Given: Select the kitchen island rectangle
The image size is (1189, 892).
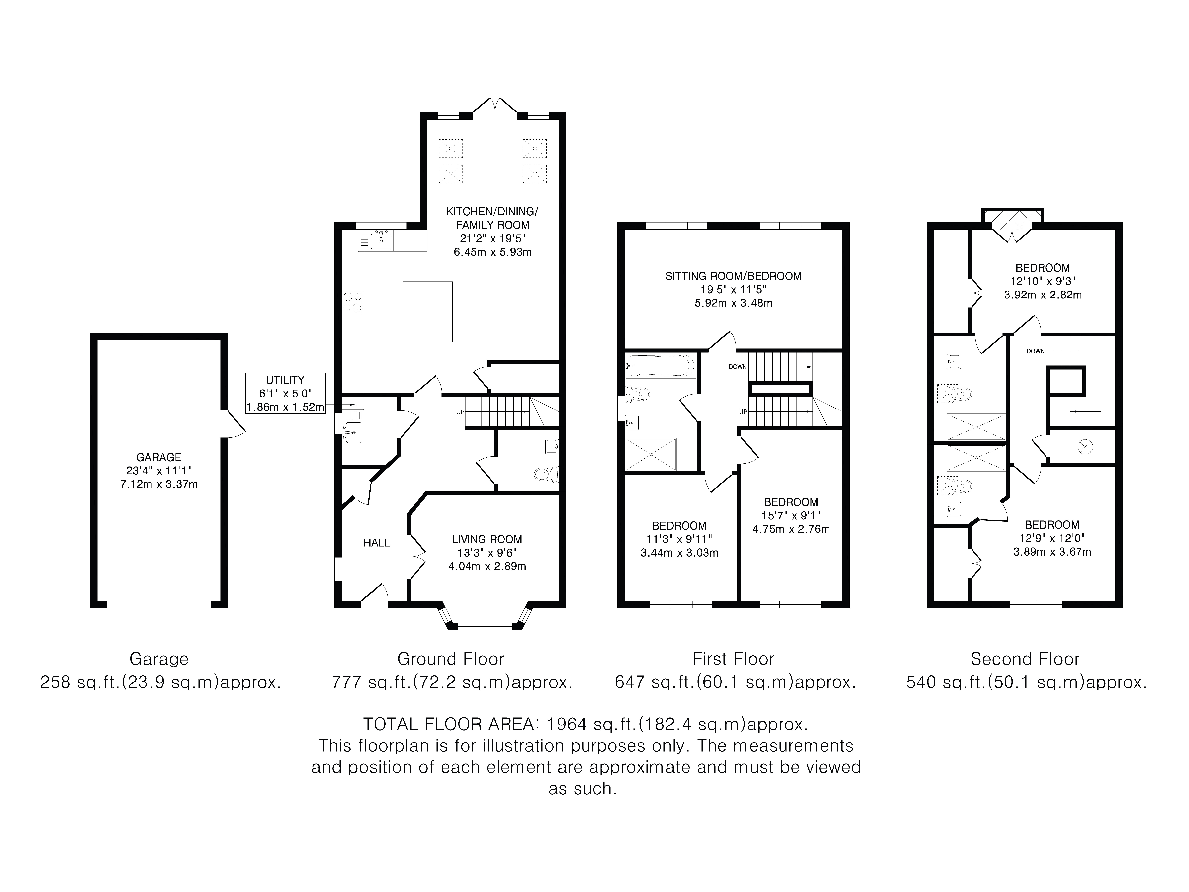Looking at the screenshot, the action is coord(428,312).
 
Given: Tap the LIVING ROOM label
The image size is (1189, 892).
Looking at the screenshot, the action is coord(487,539).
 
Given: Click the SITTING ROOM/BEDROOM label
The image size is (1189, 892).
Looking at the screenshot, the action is coord(733,276).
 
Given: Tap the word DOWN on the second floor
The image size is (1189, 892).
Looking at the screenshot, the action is coord(1035,351).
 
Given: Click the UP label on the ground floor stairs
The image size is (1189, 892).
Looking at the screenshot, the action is coord(460,412).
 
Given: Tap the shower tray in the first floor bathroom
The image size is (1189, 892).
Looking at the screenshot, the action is coord(650,454).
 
